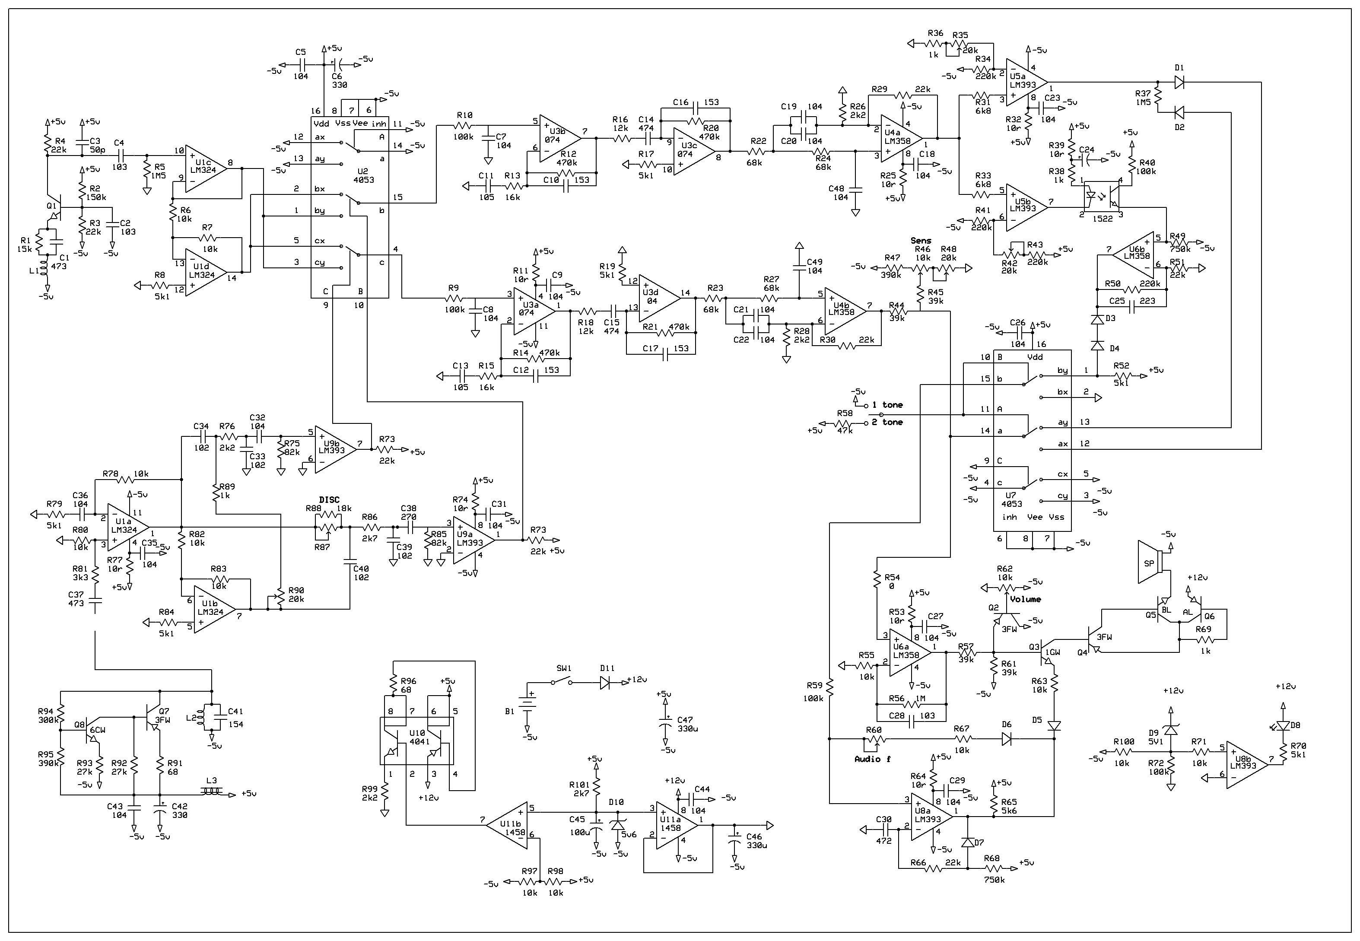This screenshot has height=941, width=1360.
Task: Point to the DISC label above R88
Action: tap(330, 500)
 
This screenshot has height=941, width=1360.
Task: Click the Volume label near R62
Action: tap(1025, 599)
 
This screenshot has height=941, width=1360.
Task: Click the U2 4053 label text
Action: tap(363, 175)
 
